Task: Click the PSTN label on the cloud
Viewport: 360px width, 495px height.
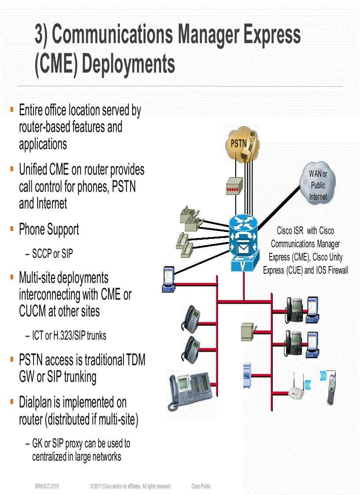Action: (x=239, y=143)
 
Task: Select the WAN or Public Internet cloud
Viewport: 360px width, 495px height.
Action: (x=318, y=185)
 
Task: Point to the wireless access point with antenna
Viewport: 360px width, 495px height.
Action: (x=297, y=388)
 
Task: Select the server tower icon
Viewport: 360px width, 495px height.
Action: (x=247, y=376)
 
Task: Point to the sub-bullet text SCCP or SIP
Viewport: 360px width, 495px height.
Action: (x=52, y=254)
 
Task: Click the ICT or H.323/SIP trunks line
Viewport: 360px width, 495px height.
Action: (x=69, y=336)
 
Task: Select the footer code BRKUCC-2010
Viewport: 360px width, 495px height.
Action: (x=47, y=487)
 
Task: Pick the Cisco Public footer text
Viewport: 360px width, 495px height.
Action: (x=201, y=487)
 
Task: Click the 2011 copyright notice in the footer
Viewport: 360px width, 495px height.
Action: (x=131, y=487)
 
